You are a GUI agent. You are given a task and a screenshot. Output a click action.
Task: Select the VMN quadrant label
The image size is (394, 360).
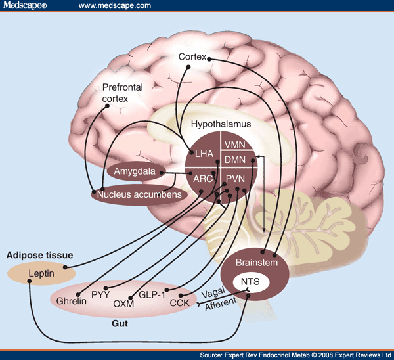(234, 145)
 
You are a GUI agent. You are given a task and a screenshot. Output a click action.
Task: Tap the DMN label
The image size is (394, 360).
(234, 160)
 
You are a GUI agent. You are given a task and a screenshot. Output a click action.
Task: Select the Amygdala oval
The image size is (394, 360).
(134, 172)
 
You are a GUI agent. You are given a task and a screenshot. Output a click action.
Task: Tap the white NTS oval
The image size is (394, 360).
(250, 283)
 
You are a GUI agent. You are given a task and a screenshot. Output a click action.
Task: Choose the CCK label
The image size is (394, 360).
(179, 304)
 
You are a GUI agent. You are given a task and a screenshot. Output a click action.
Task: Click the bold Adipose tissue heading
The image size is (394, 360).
(39, 254)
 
